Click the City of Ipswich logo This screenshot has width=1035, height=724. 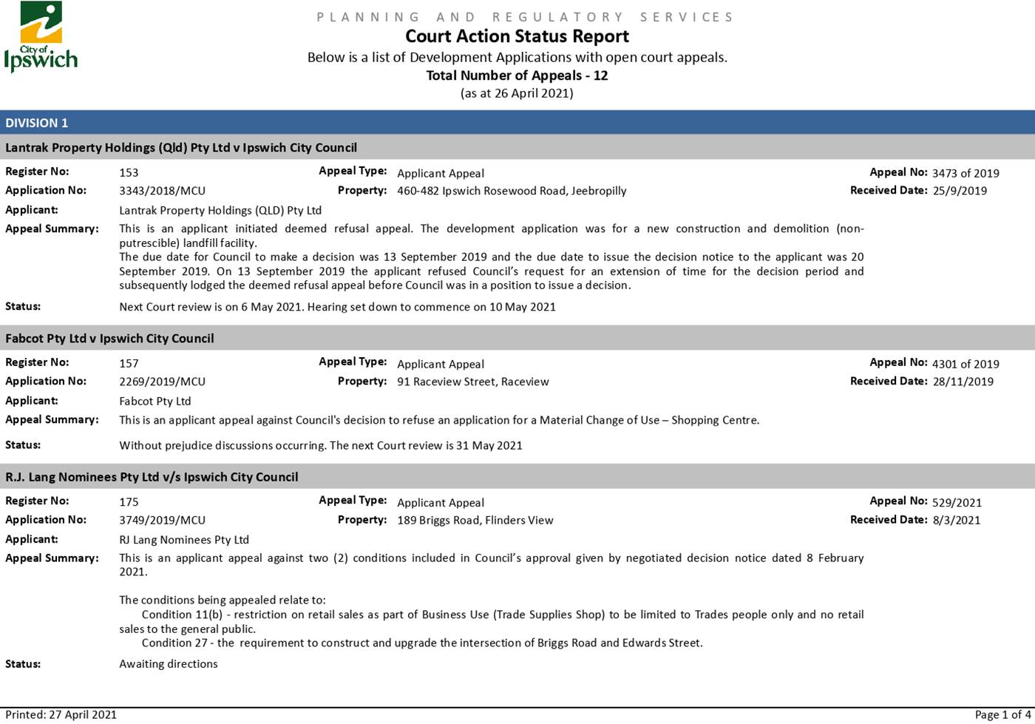(x=41, y=37)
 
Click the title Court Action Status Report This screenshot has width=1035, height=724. (x=517, y=36)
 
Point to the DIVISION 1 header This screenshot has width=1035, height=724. (x=37, y=123)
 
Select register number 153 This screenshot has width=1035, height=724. (x=129, y=172)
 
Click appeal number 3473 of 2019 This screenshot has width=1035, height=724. (x=965, y=173)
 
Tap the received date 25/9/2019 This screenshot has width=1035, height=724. (x=960, y=191)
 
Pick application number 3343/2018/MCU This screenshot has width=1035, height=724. (x=162, y=191)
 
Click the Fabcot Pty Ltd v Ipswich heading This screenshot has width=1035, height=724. (x=109, y=338)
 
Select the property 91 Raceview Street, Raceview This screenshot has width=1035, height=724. (x=472, y=382)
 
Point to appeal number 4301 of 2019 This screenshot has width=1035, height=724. (x=965, y=364)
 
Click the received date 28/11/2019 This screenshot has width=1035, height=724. (x=963, y=382)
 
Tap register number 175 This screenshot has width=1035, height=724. (x=129, y=502)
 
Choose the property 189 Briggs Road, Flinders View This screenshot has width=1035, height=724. (x=475, y=520)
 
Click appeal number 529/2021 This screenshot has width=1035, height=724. (x=957, y=502)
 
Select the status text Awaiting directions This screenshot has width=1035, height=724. (x=169, y=663)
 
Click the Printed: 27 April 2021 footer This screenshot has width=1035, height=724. (x=61, y=714)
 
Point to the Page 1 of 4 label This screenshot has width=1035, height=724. (x=1002, y=714)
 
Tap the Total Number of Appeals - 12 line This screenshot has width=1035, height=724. (x=517, y=75)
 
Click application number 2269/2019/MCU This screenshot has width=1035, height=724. (x=162, y=382)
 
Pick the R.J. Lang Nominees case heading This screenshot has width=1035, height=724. (x=152, y=477)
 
